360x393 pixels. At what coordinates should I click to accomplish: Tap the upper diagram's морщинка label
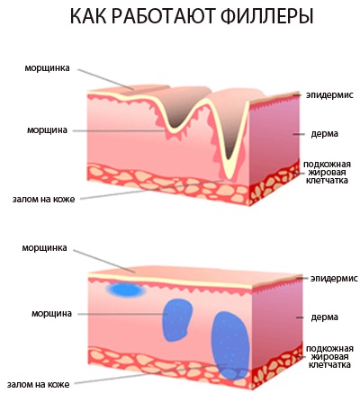(x=47, y=68)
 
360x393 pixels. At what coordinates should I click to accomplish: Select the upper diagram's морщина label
(x=47, y=130)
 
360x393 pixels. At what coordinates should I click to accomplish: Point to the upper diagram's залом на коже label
(x=43, y=199)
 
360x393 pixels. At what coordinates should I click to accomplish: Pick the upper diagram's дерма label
(x=324, y=133)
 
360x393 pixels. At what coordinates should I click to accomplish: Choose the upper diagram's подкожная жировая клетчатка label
(x=327, y=173)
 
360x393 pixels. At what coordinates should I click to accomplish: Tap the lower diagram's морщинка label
(x=44, y=248)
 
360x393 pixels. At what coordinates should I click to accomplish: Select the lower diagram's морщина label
(x=51, y=314)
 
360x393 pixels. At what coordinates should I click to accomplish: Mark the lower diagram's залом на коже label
(x=39, y=385)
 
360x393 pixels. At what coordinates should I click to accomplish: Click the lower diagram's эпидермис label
(x=334, y=278)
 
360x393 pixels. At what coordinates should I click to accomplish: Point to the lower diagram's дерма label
(x=325, y=317)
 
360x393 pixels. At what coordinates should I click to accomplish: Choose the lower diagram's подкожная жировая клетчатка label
(x=329, y=357)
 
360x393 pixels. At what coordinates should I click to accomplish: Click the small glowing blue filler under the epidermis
(x=125, y=290)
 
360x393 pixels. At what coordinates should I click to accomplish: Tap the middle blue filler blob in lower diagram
(x=177, y=320)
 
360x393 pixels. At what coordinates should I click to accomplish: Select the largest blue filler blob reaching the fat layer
(x=230, y=345)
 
